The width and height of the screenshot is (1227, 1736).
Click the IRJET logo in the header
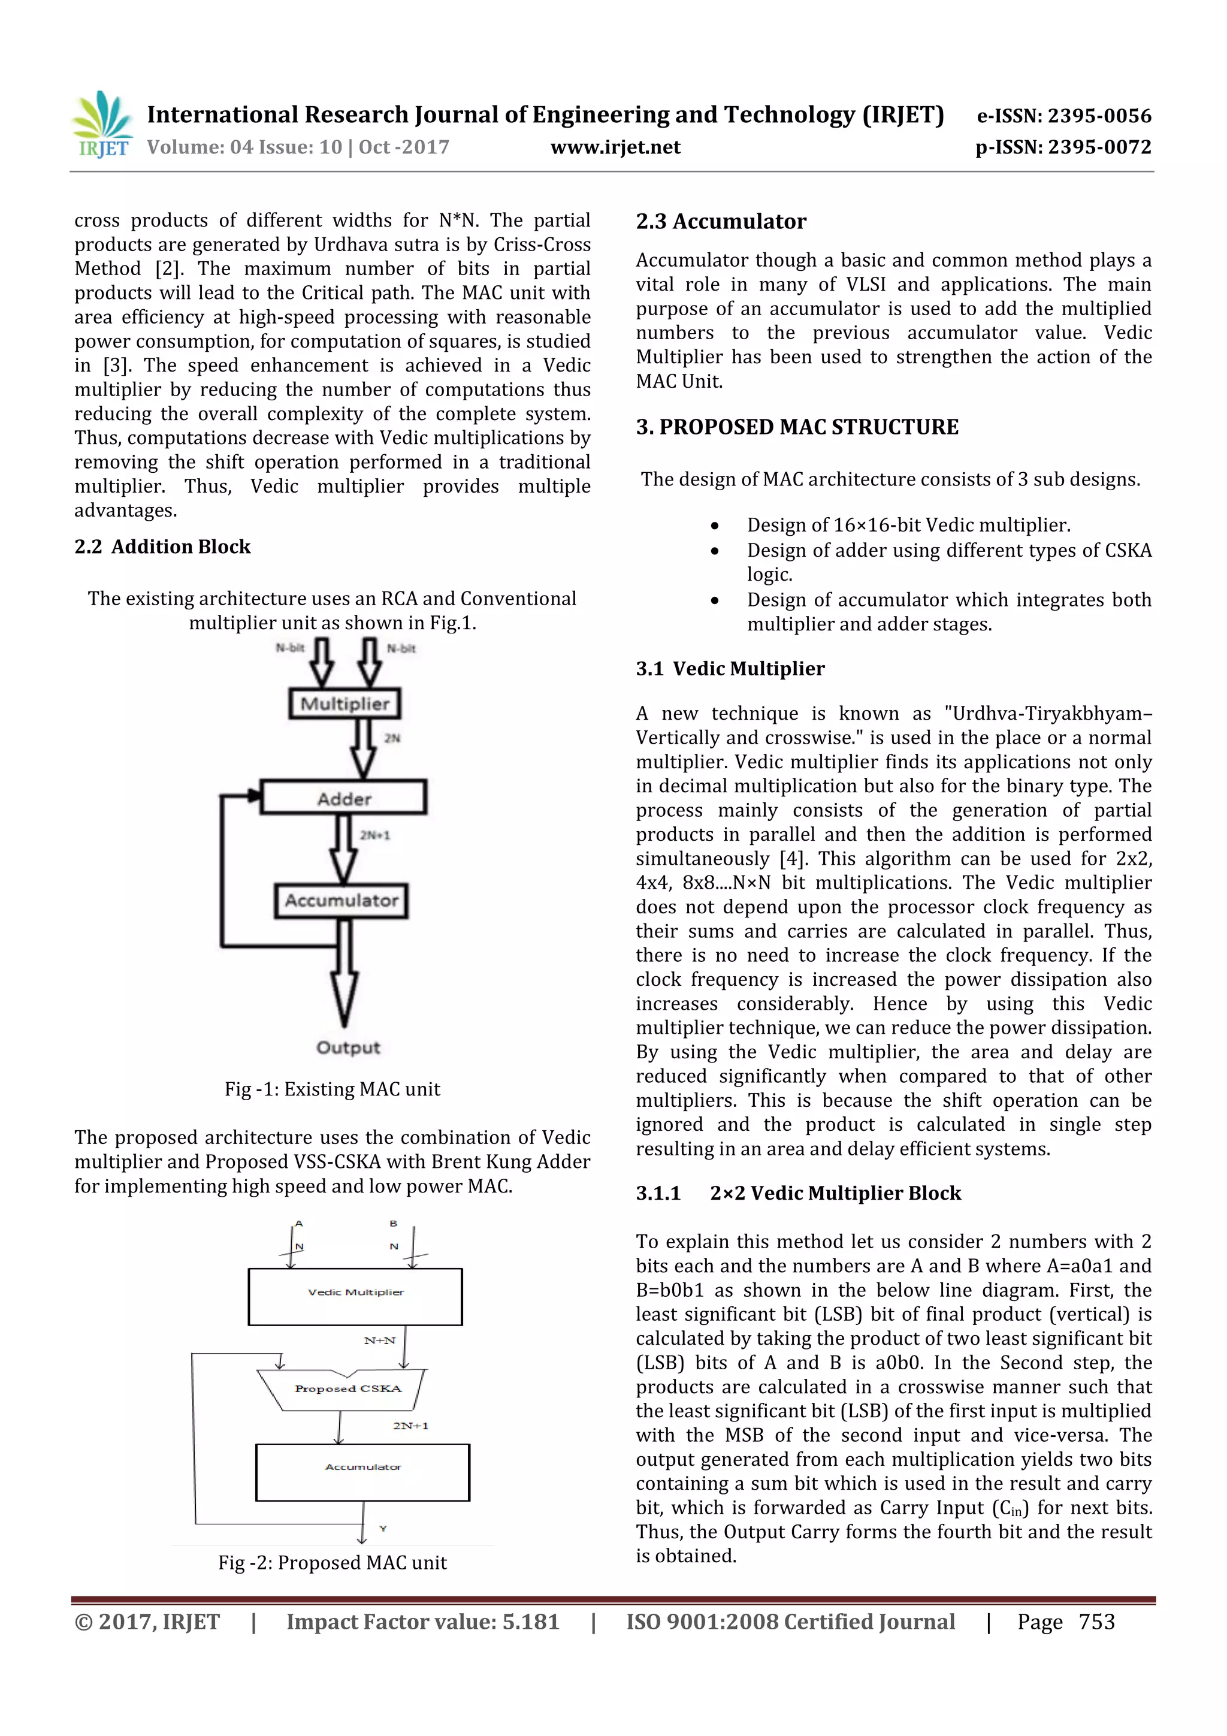(x=102, y=125)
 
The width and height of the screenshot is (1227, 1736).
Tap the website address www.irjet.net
(x=615, y=147)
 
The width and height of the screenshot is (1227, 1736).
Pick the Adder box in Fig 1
(x=344, y=798)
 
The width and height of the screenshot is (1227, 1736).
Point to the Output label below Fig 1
(x=347, y=1047)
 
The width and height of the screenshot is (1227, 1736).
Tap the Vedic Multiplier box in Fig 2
(x=355, y=1296)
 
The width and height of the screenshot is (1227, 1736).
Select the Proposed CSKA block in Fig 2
(x=347, y=1389)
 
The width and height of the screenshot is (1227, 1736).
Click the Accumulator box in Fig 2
(x=363, y=1472)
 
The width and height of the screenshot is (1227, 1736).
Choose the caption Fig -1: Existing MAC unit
(x=332, y=1089)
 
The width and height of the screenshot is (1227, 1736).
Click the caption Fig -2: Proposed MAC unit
(x=332, y=1562)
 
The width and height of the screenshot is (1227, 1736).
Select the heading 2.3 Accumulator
(x=721, y=222)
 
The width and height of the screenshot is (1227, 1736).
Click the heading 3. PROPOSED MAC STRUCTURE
(x=796, y=427)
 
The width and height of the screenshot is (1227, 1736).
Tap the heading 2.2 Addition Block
(x=162, y=547)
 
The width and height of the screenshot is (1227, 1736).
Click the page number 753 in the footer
(x=1096, y=1622)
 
